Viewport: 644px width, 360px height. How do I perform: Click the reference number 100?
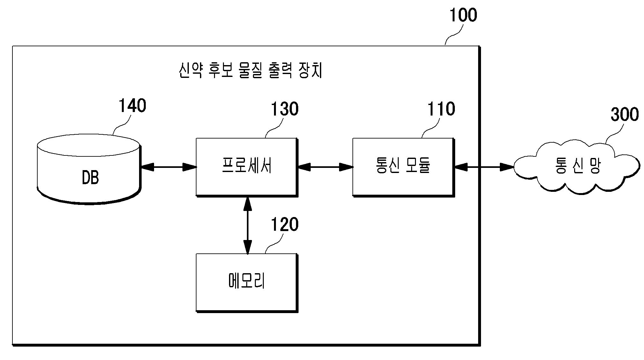[x=463, y=15]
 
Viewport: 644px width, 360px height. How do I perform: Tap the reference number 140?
[x=132, y=106]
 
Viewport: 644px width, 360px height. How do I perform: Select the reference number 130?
[x=285, y=109]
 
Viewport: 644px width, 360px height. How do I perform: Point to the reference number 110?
[x=441, y=109]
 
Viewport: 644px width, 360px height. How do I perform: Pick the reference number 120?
[x=285, y=225]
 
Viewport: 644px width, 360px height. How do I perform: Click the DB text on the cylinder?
[x=90, y=178]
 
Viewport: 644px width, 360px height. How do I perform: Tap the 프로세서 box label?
[x=247, y=166]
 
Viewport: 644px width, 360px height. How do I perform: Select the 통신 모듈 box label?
[x=403, y=166]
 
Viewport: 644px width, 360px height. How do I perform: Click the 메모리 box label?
[x=247, y=281]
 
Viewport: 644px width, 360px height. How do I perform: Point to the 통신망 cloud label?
[x=578, y=166]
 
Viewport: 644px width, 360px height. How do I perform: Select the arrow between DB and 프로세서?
[x=168, y=167]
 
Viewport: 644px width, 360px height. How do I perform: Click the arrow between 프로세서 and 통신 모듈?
[x=325, y=167]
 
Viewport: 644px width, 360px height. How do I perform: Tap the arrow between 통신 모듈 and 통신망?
[x=484, y=167]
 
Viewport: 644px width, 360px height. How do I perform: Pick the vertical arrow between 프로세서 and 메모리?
[x=248, y=225]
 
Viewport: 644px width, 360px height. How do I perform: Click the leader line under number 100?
[x=455, y=36]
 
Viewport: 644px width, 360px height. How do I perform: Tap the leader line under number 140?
[x=122, y=125]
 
